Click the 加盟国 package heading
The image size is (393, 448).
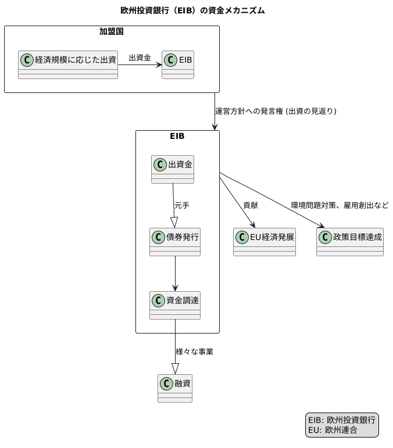(111, 32)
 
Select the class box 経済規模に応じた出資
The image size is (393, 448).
(68, 64)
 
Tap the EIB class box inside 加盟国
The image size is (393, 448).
(178, 64)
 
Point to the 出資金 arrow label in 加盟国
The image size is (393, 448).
(140, 58)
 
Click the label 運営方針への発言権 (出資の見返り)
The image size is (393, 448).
(276, 111)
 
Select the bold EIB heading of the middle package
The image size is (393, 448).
(177, 137)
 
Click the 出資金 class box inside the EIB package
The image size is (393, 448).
(173, 169)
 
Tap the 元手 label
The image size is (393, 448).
(182, 205)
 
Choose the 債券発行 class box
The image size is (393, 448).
(175, 242)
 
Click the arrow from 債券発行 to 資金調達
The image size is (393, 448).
(175, 273)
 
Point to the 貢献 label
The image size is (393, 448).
(251, 205)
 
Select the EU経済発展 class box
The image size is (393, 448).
(265, 242)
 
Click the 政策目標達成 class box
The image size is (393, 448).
(350, 242)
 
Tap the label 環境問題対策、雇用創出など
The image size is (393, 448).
(340, 205)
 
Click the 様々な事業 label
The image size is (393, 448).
(194, 352)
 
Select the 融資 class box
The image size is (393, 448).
(175, 388)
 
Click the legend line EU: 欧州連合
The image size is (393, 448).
(333, 431)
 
